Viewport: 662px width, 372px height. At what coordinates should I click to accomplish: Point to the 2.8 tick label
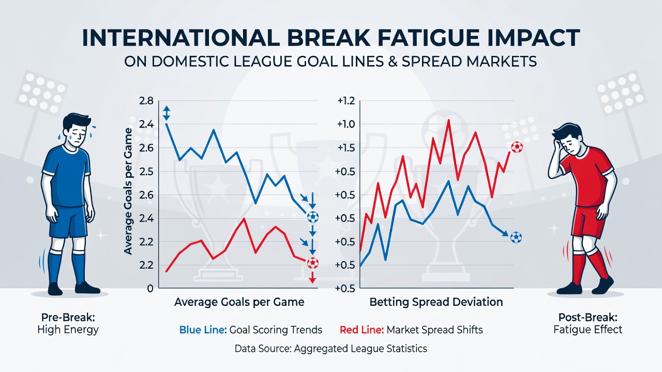[x=146, y=101]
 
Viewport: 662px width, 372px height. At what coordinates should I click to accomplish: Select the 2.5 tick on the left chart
[x=146, y=172]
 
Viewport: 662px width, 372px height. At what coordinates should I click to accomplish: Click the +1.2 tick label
[x=346, y=101]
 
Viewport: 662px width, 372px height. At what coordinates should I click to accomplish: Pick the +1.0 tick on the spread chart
[x=346, y=125]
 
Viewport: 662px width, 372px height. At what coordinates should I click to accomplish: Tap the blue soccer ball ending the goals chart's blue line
[x=313, y=217]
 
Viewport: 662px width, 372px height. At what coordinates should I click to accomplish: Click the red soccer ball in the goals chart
[x=313, y=263]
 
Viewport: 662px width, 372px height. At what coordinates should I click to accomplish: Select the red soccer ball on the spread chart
[x=517, y=147]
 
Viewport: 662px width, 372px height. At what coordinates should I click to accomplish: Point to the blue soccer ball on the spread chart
[x=516, y=237]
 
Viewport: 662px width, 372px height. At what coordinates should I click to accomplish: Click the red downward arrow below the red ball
[x=312, y=277]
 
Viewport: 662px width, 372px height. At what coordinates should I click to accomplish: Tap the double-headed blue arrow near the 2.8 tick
[x=167, y=113]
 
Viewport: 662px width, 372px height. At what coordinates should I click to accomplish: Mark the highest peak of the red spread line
[x=448, y=120]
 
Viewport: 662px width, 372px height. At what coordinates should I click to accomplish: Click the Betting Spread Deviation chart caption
[x=436, y=302]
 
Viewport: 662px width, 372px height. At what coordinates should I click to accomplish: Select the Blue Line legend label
[x=203, y=330]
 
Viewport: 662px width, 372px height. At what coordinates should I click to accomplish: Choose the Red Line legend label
[x=362, y=330]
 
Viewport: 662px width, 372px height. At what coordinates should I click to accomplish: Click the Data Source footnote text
[x=330, y=349]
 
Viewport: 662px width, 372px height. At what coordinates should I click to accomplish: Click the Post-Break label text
[x=588, y=317]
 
